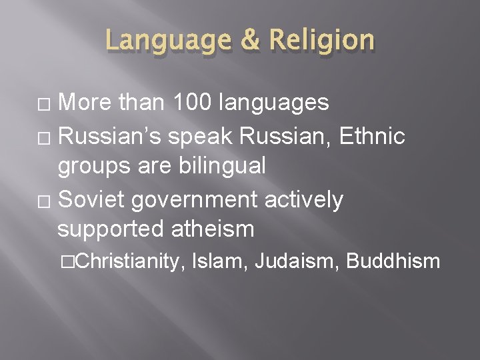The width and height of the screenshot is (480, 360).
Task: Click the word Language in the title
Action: (167, 41)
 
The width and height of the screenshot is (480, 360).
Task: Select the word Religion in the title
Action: (321, 41)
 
